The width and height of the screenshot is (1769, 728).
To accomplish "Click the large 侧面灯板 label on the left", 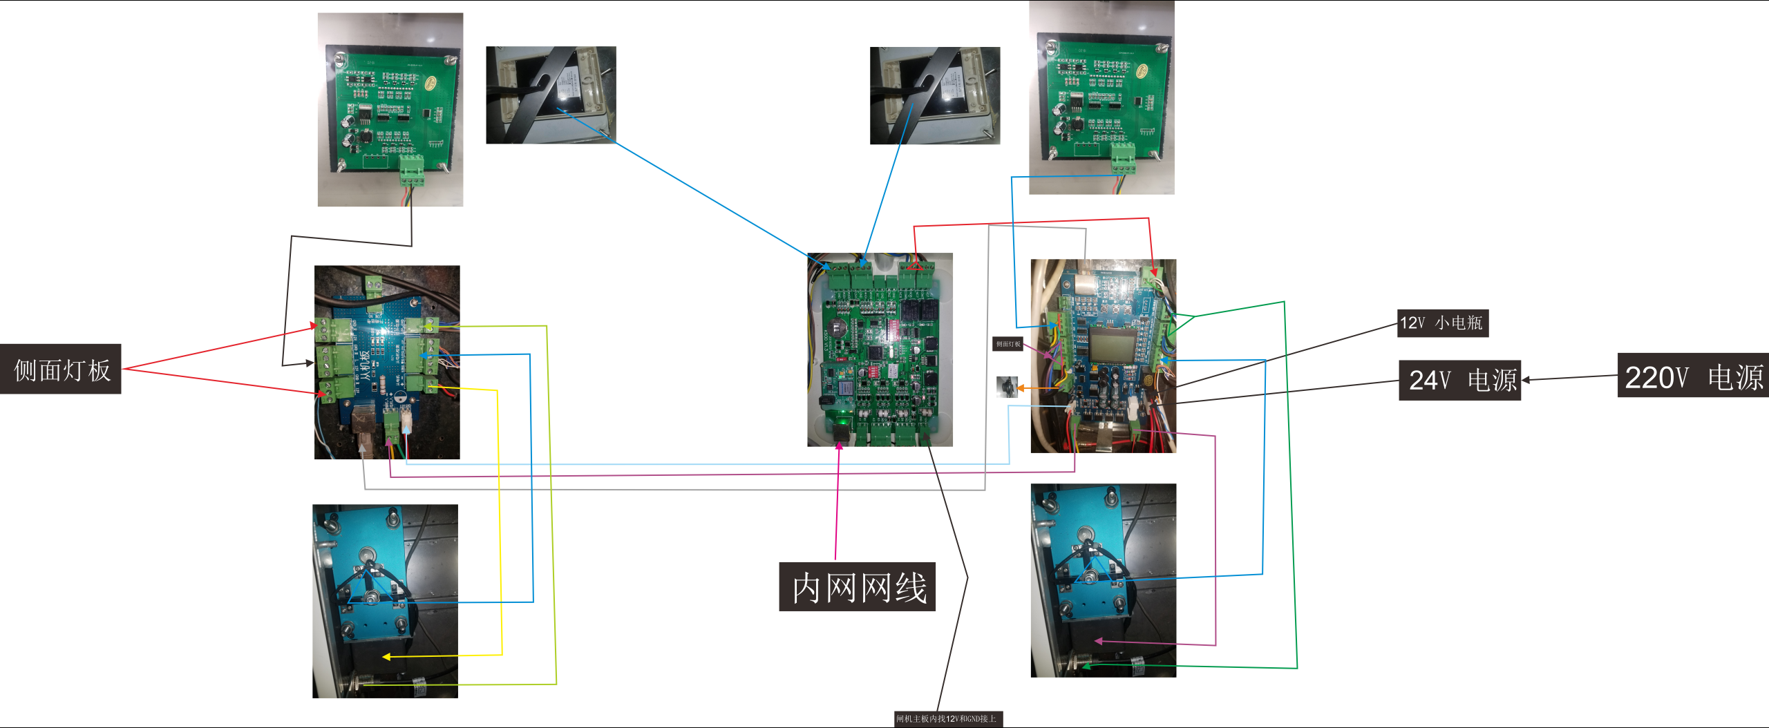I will coord(61,370).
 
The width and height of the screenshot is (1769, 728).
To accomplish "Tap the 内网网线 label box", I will coord(857,587).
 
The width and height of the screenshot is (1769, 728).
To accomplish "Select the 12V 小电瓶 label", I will coord(1442,323).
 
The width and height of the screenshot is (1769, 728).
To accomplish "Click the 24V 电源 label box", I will coord(1459,380).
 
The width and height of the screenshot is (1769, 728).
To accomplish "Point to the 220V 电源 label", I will coord(1693,376).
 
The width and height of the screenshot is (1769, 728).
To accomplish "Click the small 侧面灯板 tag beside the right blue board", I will coord(1008,344).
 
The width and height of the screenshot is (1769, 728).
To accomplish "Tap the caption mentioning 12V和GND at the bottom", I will coord(947,719).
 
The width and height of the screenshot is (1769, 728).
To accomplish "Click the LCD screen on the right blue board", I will coord(1110,345).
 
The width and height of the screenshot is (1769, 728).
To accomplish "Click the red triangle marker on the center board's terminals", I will coord(915,266).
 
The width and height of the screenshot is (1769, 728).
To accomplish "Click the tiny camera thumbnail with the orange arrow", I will coord(1007,387).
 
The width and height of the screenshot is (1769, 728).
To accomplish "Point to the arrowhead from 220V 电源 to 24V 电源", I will coord(1525,380).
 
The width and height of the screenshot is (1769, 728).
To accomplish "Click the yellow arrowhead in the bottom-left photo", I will coord(387,657).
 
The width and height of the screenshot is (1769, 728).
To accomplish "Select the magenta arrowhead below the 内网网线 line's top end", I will coord(839,446).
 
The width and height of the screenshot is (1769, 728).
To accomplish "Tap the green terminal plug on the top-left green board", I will coord(411,170).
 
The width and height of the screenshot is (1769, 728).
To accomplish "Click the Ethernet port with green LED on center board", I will coord(842,428).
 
